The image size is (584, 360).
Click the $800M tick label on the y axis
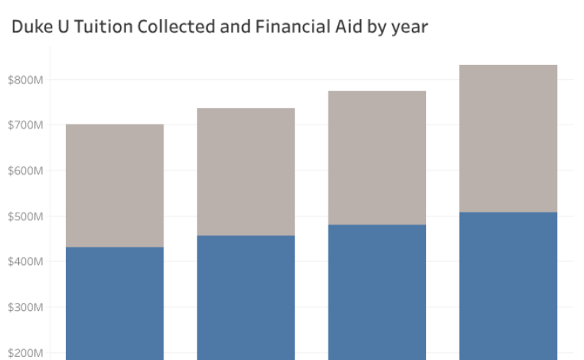point(25,80)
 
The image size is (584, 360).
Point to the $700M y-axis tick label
point(25,125)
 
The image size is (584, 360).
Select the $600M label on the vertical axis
point(25,170)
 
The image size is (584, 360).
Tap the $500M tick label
point(25,216)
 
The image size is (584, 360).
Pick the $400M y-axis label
point(25,262)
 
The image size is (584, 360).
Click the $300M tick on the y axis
point(25,308)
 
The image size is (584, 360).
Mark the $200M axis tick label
point(25,353)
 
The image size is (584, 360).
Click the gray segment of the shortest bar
point(114,186)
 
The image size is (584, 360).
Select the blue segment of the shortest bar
point(114,303)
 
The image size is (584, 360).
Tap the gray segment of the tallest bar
point(508,139)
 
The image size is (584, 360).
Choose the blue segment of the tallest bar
point(508,285)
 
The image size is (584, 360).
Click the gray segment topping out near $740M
point(245,171)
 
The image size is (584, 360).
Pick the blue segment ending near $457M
point(245,297)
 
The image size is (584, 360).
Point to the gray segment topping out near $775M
point(377,158)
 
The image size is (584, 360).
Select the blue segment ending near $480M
point(377,292)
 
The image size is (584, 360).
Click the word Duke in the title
point(30,27)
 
